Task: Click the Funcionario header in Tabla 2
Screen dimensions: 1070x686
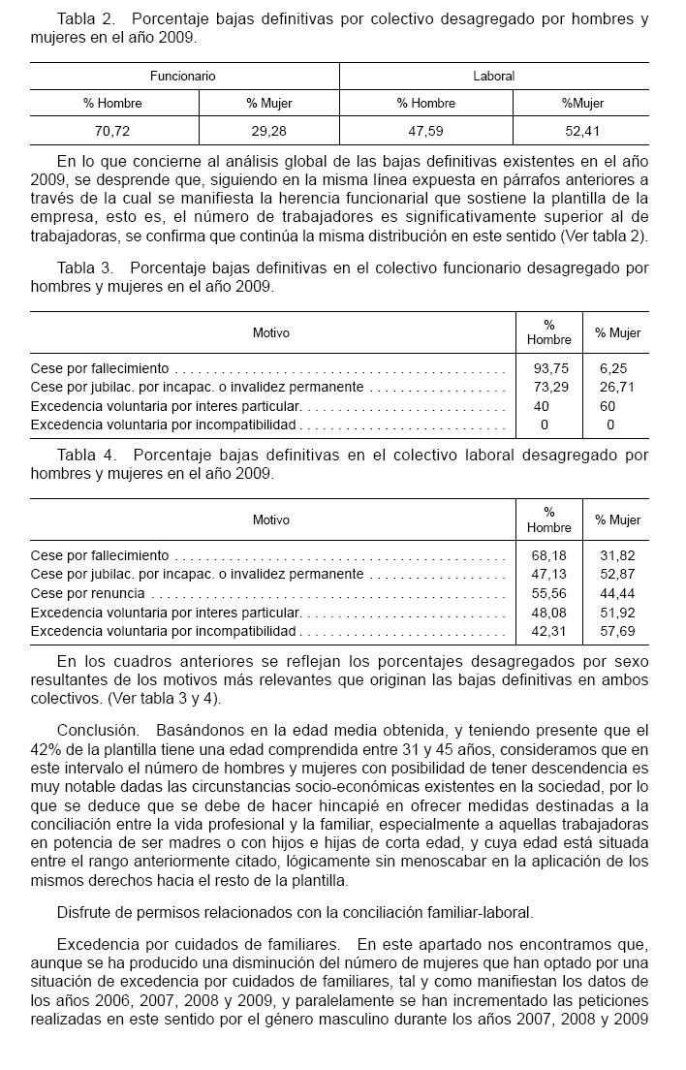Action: [182, 76]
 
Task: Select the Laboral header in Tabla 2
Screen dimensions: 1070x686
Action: [493, 76]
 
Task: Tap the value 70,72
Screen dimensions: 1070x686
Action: [114, 131]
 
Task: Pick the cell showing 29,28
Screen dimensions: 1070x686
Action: [268, 131]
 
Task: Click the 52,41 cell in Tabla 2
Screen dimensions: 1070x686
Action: [580, 131]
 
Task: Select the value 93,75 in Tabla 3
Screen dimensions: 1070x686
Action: [549, 368]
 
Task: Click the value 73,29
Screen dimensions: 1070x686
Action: [549, 387]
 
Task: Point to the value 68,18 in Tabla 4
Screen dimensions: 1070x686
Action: [549, 555]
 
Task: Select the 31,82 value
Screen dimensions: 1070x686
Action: [617, 555]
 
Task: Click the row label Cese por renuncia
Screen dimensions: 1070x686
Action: [87, 593]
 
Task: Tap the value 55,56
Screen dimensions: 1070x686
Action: [549, 593]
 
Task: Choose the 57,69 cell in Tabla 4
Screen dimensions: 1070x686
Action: [617, 631]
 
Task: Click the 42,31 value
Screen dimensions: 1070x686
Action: [549, 631]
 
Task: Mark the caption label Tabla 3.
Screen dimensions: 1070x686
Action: [86, 267]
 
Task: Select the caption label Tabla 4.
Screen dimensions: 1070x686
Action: [86, 455]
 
